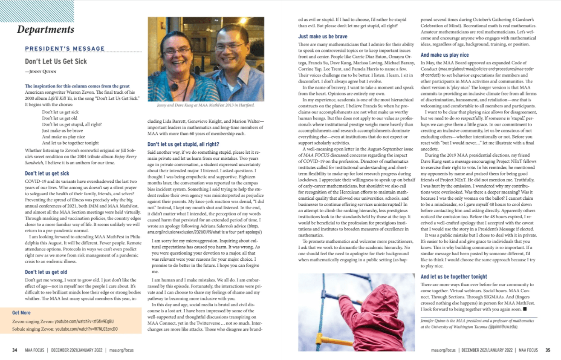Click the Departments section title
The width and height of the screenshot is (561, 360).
(46, 29)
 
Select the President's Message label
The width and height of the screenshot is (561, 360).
(64, 49)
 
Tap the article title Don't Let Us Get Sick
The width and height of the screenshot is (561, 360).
(56, 61)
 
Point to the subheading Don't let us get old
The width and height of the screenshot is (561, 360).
(46, 272)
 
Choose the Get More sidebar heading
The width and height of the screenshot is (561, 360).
(21, 313)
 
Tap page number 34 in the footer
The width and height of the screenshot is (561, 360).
(14, 350)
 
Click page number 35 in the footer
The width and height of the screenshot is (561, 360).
(547, 350)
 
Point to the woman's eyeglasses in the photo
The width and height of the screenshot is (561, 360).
(176, 51)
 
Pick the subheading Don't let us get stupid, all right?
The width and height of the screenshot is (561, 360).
(183, 144)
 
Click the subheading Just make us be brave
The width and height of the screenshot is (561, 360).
(323, 37)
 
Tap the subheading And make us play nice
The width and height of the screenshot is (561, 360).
(445, 55)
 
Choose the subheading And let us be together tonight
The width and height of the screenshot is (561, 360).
(454, 276)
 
